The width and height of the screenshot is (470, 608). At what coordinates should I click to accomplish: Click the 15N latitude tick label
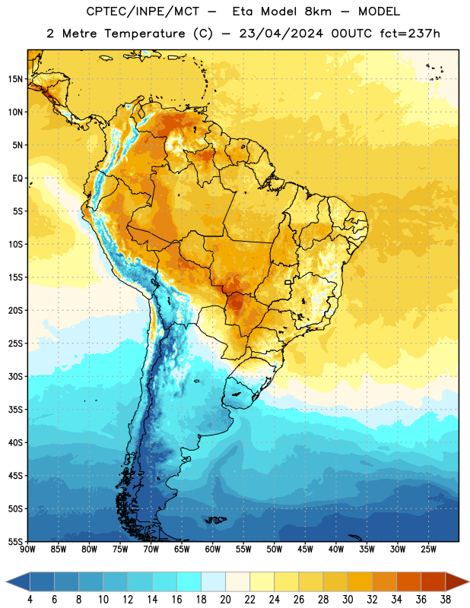pyautogui.click(x=15, y=79)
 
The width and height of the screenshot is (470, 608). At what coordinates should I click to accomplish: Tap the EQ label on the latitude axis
pyautogui.click(x=17, y=179)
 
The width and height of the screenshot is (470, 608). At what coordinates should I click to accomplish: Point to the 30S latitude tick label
pyautogui.click(x=15, y=376)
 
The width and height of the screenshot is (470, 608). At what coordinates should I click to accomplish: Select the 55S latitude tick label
pyautogui.click(x=15, y=542)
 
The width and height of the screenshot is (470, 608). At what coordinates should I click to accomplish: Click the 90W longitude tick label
pyautogui.click(x=27, y=549)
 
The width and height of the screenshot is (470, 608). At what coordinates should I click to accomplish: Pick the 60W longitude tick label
pyautogui.click(x=213, y=549)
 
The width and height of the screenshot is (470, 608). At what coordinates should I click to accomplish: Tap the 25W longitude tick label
pyautogui.click(x=428, y=549)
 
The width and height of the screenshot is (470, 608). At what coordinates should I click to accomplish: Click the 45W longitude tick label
pyautogui.click(x=305, y=549)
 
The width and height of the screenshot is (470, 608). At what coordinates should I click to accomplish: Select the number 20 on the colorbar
pyautogui.click(x=225, y=600)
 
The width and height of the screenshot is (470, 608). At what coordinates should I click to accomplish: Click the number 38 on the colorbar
pyautogui.click(x=446, y=600)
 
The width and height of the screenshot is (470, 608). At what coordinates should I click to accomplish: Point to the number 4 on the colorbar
pyautogui.click(x=30, y=600)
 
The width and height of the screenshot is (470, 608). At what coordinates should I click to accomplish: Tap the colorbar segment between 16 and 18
pyautogui.click(x=189, y=581)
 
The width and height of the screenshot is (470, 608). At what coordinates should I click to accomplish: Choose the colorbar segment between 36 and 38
pyautogui.click(x=433, y=581)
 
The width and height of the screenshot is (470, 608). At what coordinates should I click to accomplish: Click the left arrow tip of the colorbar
pyautogui.click(x=6, y=581)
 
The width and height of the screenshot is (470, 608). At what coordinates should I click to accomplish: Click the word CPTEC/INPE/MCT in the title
pyautogui.click(x=143, y=12)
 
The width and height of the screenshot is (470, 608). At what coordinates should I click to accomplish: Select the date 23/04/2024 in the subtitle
pyautogui.click(x=281, y=33)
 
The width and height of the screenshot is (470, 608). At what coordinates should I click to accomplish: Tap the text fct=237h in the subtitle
pyautogui.click(x=410, y=33)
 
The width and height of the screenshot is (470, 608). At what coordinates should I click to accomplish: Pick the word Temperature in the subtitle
pyautogui.click(x=144, y=34)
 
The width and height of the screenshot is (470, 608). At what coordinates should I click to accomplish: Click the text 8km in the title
pyautogui.click(x=318, y=12)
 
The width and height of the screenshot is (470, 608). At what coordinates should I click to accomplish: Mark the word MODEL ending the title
pyautogui.click(x=379, y=12)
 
